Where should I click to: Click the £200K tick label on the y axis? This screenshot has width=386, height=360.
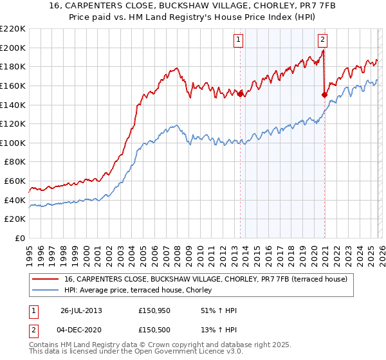click(x=14, y=48)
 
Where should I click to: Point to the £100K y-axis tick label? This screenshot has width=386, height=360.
click(x=14, y=143)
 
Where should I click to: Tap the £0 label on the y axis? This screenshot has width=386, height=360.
click(x=19, y=239)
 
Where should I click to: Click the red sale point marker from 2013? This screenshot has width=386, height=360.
click(x=241, y=94)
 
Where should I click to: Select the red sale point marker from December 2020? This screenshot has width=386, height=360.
click(x=325, y=94)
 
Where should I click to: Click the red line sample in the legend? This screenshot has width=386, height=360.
click(x=45, y=279)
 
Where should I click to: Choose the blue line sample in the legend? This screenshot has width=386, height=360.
click(x=45, y=291)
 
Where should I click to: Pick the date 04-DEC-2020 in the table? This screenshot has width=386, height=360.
click(x=81, y=331)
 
